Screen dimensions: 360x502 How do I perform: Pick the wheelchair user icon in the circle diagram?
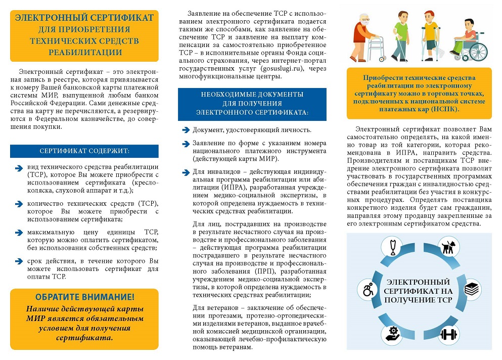pos(368,290)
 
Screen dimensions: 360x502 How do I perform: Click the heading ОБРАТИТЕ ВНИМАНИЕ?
pos(84,297)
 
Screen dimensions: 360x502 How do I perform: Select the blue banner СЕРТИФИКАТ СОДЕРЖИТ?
pos(84,151)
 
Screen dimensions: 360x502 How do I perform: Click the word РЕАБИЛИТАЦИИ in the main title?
pos(84,52)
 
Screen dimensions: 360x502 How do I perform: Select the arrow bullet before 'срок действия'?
pos(19,261)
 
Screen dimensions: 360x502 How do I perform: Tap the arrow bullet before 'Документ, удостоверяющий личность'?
pos(186,130)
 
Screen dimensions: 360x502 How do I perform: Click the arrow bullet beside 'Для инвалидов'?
pos(186,172)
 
